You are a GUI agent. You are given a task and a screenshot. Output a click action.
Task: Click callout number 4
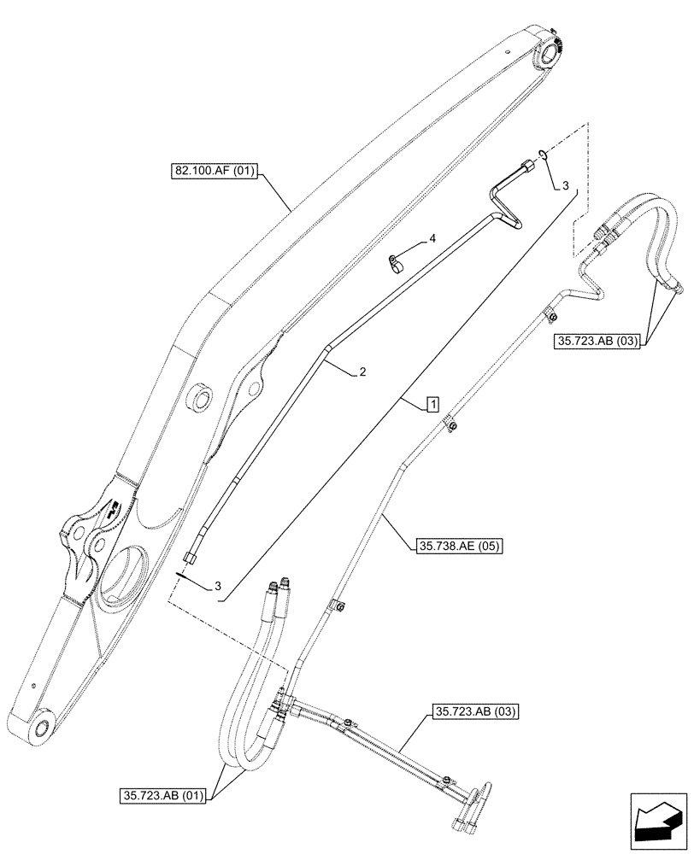(432, 240)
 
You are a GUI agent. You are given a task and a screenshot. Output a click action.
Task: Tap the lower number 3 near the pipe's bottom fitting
(218, 586)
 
